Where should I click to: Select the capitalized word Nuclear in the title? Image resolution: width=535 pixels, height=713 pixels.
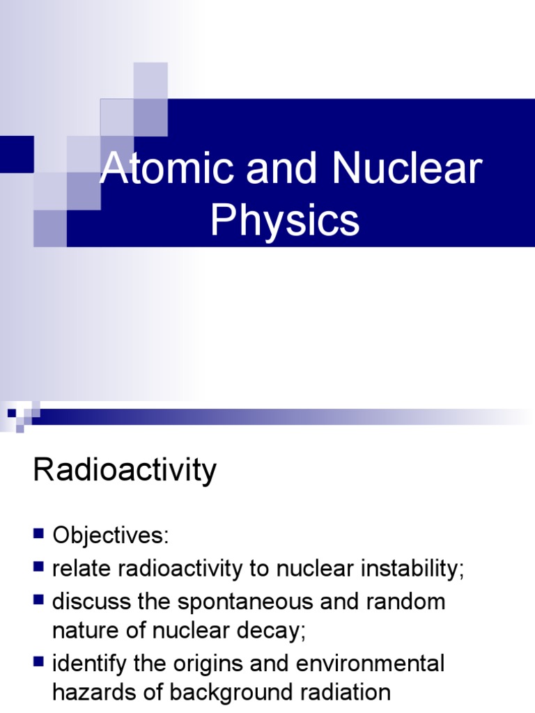coord(407,169)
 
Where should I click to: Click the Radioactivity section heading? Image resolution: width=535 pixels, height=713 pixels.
coord(125,471)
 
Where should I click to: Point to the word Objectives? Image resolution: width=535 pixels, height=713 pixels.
coord(111,536)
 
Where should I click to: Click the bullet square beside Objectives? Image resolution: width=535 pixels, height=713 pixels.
coord(38,534)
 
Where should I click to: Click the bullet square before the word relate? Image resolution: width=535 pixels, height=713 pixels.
coord(38,566)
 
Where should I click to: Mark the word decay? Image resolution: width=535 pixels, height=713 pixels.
coord(269,632)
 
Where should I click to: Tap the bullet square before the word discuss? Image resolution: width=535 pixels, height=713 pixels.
coord(38,599)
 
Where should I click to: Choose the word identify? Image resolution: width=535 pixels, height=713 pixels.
coord(88,664)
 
